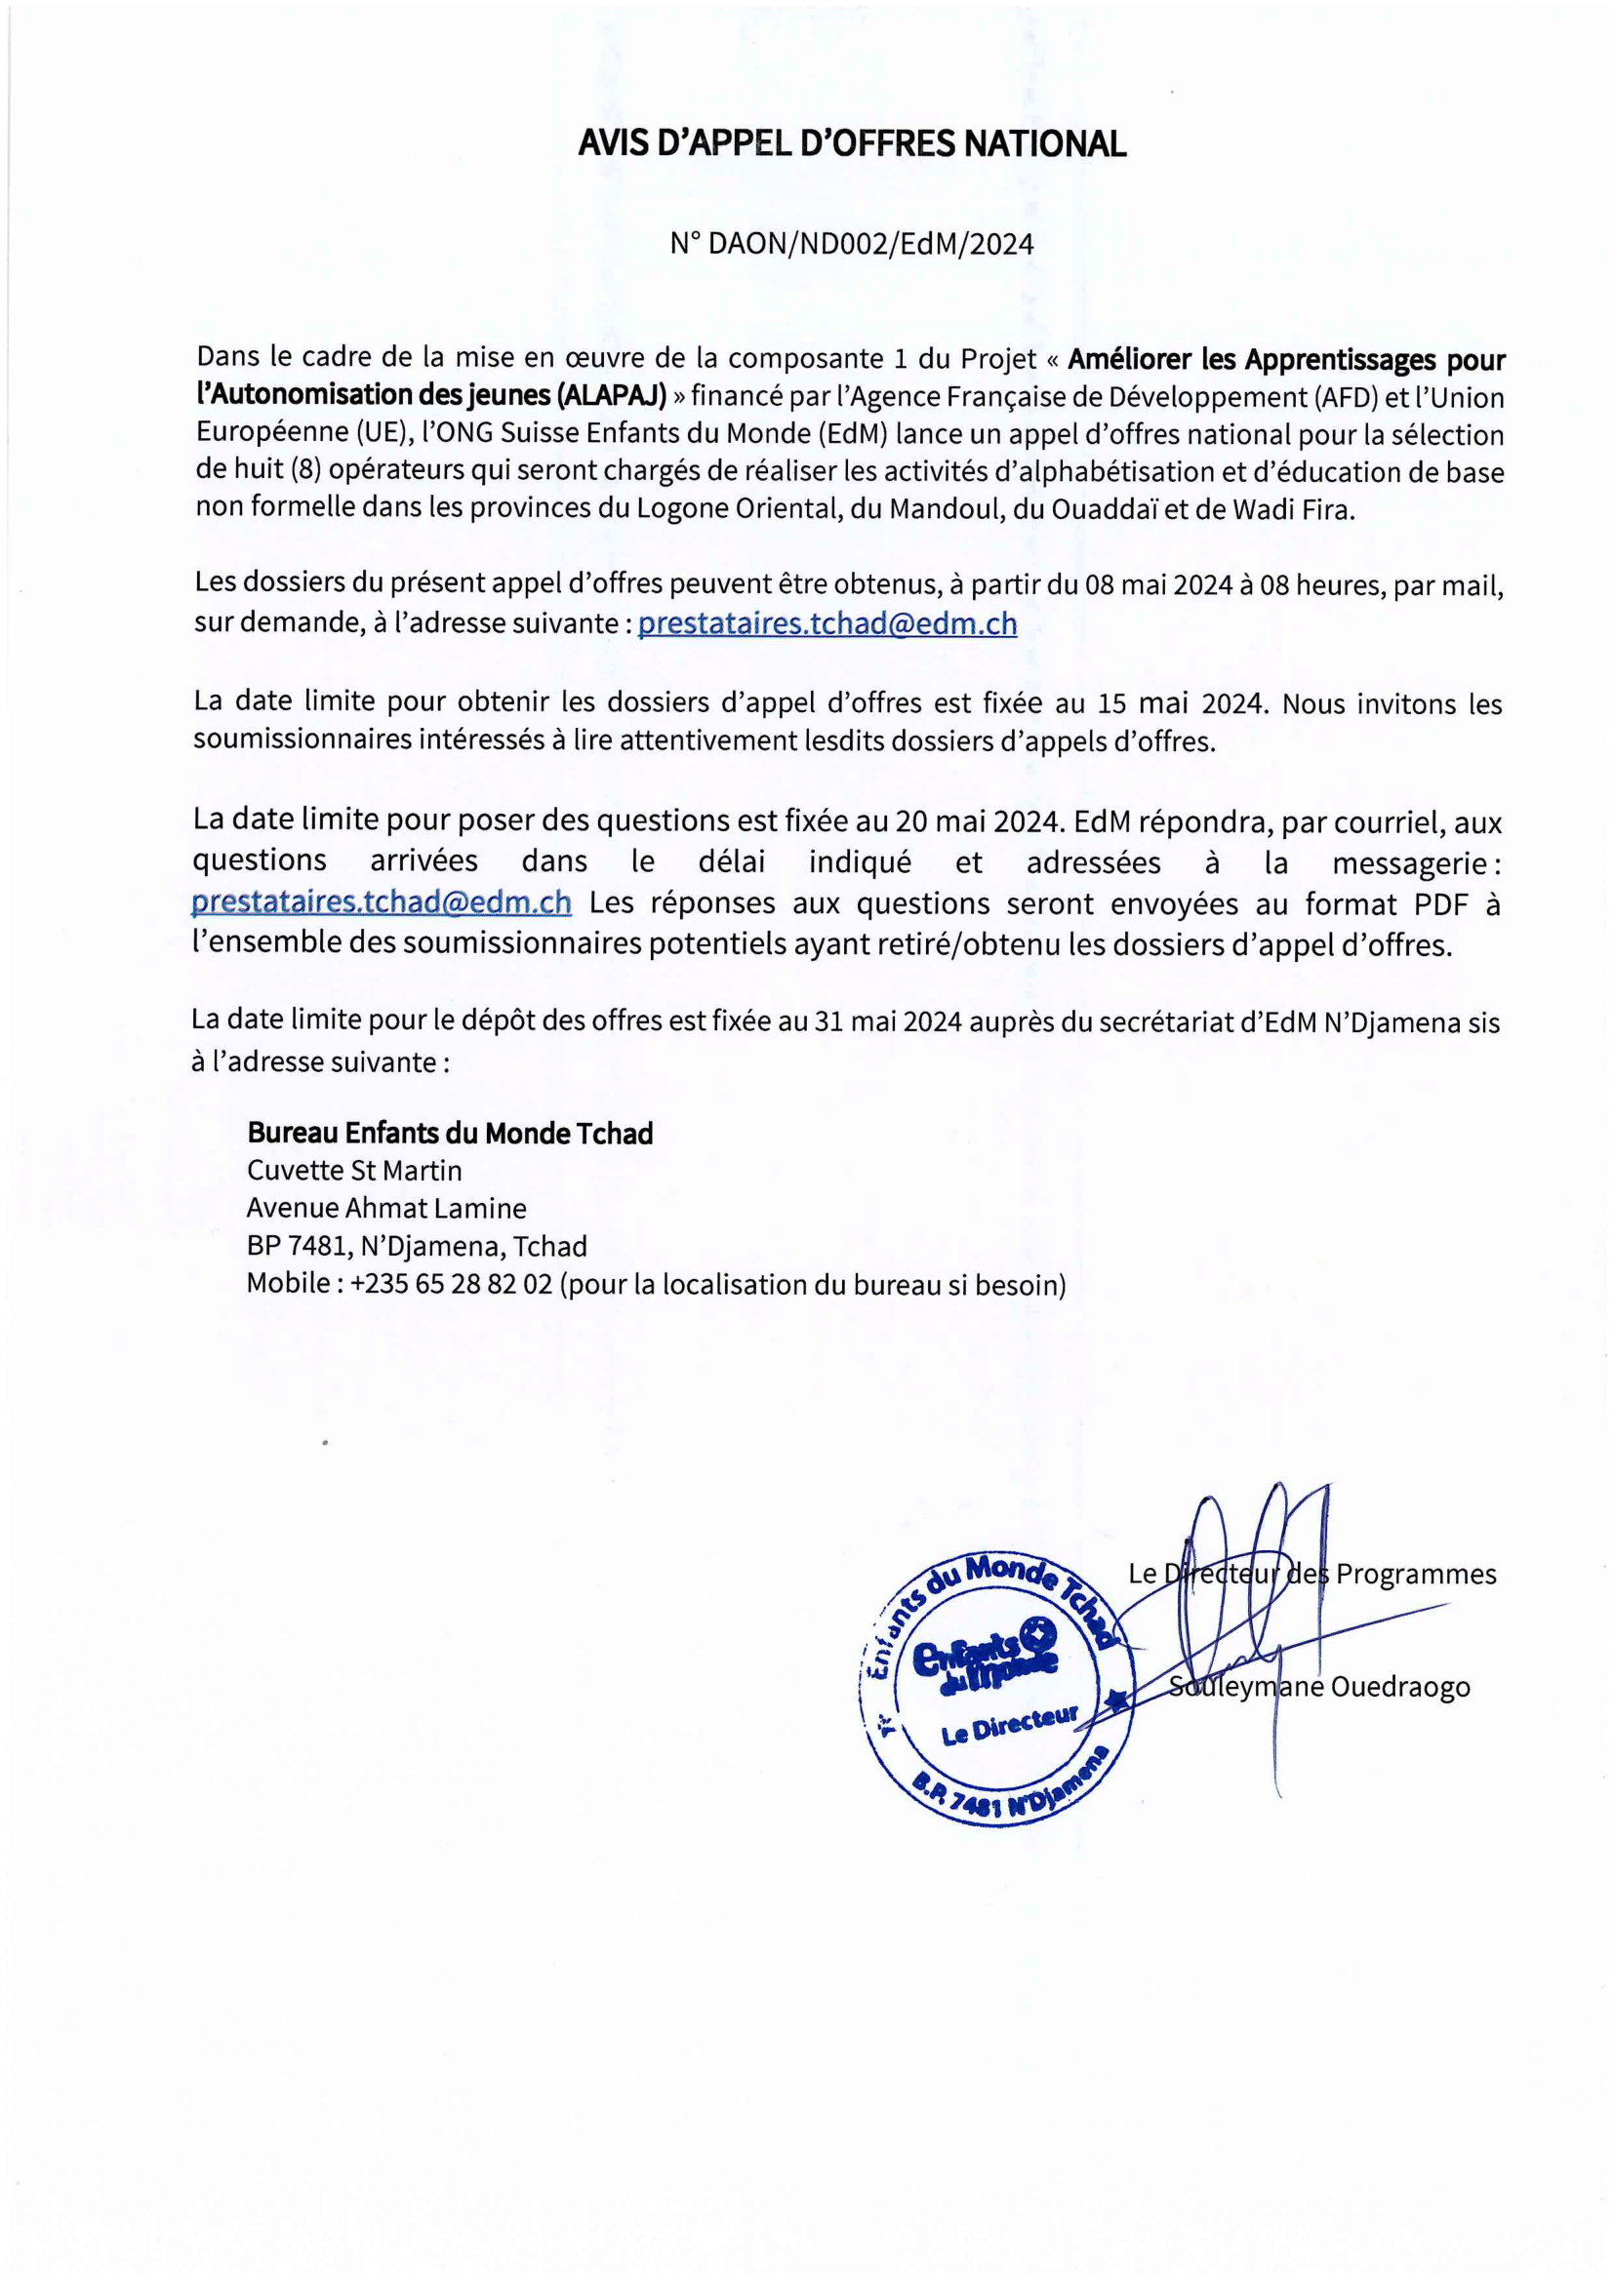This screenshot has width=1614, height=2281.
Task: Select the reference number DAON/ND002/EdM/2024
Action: pyautogui.click(x=869, y=244)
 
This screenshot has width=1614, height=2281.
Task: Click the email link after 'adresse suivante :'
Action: pyautogui.click(x=827, y=623)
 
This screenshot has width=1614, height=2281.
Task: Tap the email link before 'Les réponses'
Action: pyautogui.click(x=382, y=902)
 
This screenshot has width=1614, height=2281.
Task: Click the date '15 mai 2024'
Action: pyautogui.click(x=1182, y=703)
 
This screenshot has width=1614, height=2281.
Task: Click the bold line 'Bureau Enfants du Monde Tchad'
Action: pyautogui.click(x=449, y=1134)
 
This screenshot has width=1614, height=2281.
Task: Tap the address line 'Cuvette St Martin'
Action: pyautogui.click(x=354, y=1171)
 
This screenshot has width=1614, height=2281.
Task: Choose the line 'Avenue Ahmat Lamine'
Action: pyautogui.click(x=385, y=1208)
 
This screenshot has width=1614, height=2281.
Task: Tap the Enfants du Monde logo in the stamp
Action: pyautogui.click(x=984, y=1655)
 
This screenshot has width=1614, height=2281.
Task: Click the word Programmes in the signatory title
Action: pyautogui.click(x=1415, y=1575)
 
